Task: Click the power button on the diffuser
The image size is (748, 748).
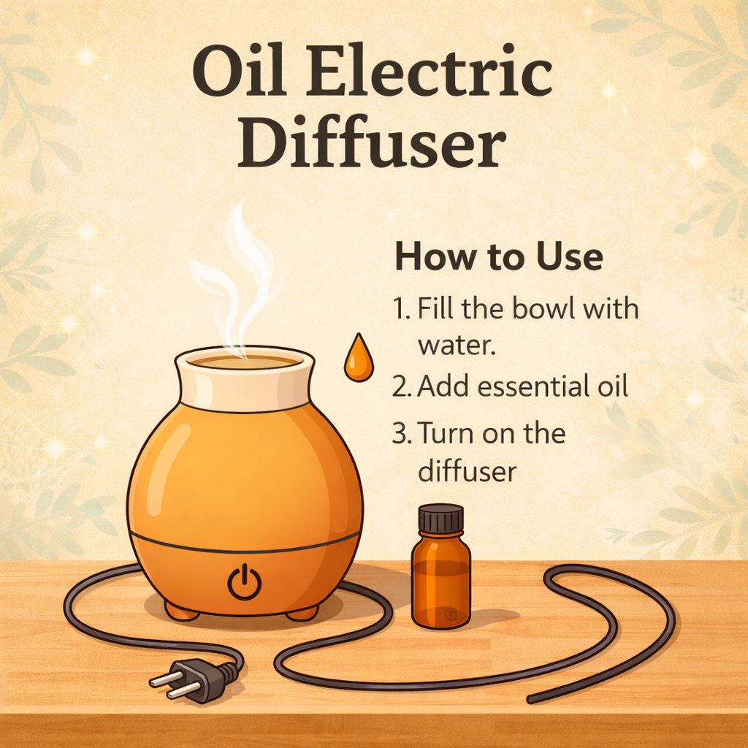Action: [244, 583]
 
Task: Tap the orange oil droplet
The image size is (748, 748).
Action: [358, 359]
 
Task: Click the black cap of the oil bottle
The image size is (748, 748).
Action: [440, 519]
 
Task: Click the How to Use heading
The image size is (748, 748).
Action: [498, 257]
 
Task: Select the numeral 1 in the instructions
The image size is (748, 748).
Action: [400, 310]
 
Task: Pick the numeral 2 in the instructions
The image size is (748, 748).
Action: [400, 387]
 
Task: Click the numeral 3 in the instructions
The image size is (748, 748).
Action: [400, 434]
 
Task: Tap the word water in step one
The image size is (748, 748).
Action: [456, 345]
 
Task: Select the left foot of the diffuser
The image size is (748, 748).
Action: [181, 611]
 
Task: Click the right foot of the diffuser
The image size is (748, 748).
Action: [302, 612]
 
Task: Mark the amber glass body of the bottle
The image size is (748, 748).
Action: [440, 584]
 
